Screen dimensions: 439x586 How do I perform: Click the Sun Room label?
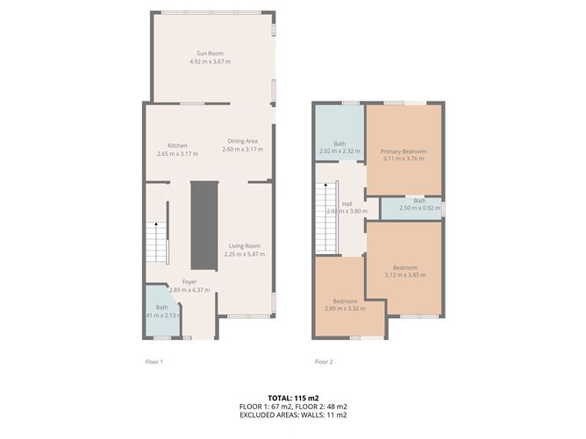tap(210, 53)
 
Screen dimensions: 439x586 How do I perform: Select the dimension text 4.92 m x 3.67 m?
tap(210, 62)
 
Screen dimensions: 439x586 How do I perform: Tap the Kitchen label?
tap(178, 145)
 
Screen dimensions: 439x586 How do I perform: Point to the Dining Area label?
tap(242, 141)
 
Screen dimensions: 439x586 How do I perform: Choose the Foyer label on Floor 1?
tap(189, 281)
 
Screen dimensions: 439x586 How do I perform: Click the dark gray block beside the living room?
tap(204, 225)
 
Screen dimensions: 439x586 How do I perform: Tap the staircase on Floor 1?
tap(155, 241)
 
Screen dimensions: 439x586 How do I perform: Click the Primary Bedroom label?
tap(403, 151)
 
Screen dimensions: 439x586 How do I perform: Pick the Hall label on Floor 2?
tap(347, 203)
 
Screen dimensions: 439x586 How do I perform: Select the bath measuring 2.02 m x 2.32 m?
tap(339, 147)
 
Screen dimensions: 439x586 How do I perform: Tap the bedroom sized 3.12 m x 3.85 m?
tap(404, 271)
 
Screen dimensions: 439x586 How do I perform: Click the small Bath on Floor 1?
tap(162, 311)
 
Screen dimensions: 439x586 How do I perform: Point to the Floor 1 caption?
tap(154, 361)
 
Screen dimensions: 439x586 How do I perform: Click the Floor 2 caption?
tap(324, 361)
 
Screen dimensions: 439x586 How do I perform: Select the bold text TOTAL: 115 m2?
tap(292, 398)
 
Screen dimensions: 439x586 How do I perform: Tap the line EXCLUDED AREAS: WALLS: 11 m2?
tap(292, 415)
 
